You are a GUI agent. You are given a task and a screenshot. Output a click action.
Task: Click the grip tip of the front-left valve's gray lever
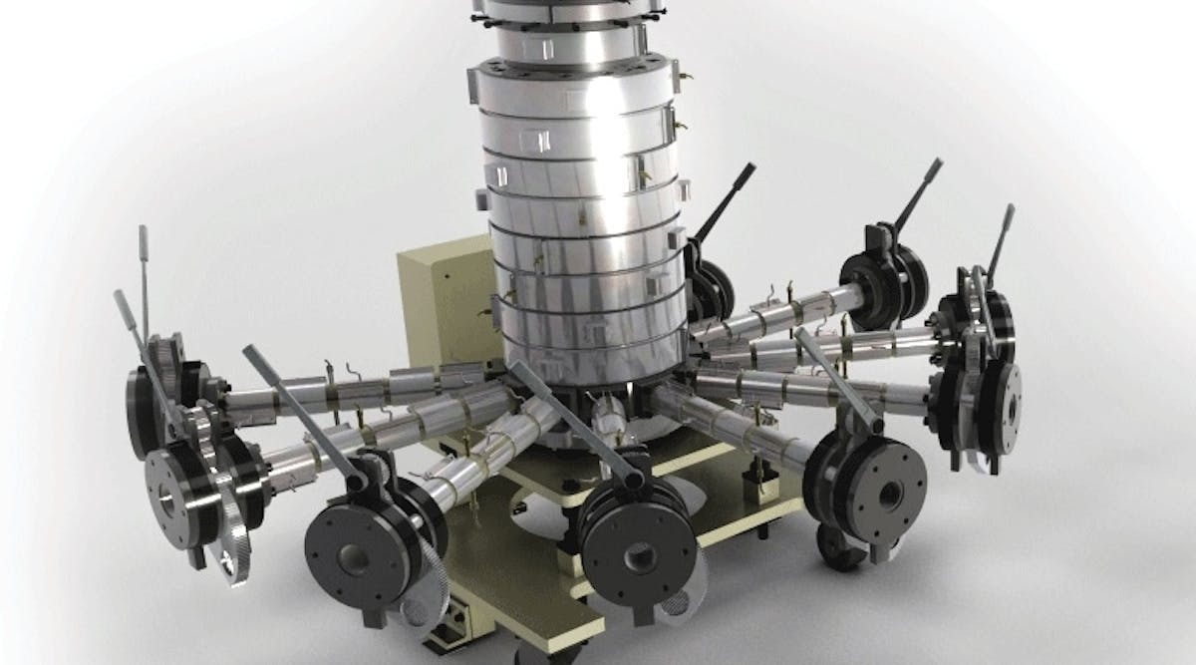click(x=250, y=355)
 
